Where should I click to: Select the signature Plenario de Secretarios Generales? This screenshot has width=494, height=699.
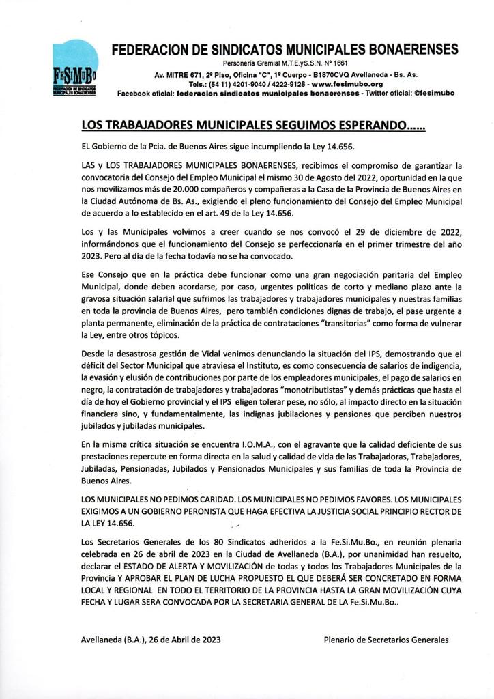386,640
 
